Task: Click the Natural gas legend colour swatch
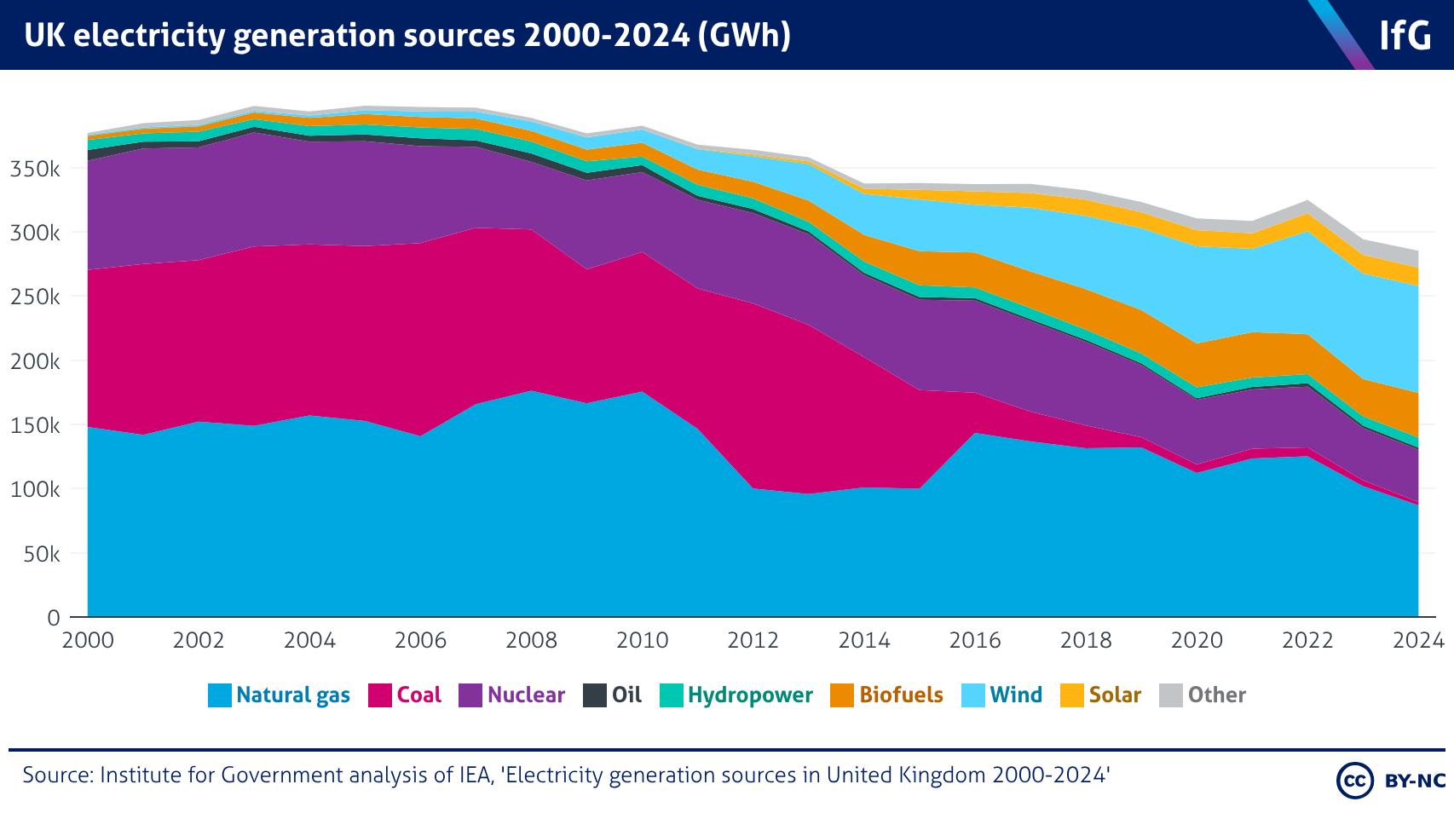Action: [x=220, y=695]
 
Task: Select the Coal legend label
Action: [x=418, y=695]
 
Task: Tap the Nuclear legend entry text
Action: [x=526, y=695]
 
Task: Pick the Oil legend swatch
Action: [x=594, y=695]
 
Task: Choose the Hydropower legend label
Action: [x=750, y=695]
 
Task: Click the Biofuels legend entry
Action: [x=901, y=695]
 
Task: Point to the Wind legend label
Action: [x=1016, y=695]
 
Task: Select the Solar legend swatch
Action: [x=1071, y=695]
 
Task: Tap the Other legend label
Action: [x=1216, y=695]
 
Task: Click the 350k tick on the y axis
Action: [x=35, y=169]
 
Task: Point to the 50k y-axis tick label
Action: [x=40, y=554]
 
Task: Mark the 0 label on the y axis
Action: [x=54, y=618]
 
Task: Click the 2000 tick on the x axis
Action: [x=88, y=640]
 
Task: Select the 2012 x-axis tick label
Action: [x=753, y=640]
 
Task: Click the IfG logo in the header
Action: [x=1405, y=36]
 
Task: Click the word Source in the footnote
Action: [x=56, y=776]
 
